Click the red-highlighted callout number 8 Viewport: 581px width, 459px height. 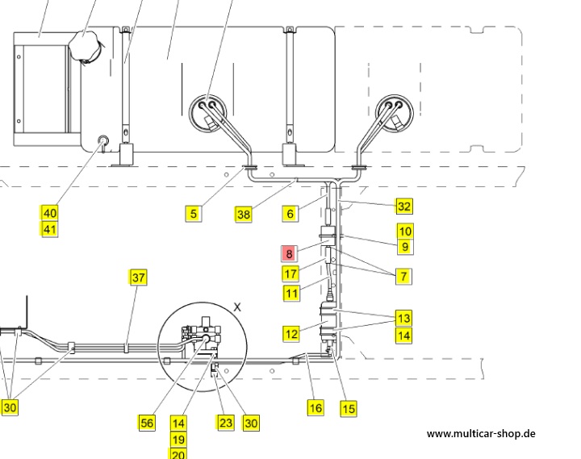click(x=289, y=254)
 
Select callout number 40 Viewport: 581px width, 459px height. click(x=50, y=213)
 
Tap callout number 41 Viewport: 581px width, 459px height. click(x=50, y=229)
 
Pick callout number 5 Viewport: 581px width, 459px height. click(x=194, y=214)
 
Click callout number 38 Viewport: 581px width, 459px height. click(x=244, y=215)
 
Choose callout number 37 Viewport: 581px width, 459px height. click(x=138, y=277)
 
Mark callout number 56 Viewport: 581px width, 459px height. click(x=147, y=423)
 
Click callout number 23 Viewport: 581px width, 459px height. click(x=225, y=423)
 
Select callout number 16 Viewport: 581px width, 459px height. click(x=316, y=408)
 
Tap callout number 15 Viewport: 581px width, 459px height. click(x=349, y=409)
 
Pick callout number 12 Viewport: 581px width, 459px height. click(x=290, y=334)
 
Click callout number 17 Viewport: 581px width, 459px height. click(x=290, y=273)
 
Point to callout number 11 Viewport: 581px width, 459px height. click(x=291, y=294)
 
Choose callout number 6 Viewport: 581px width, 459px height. click(x=290, y=214)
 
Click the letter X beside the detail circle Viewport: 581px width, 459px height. click(x=237, y=307)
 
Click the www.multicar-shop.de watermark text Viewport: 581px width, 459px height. click(x=481, y=434)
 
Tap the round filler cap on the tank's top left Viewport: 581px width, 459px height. click(x=87, y=47)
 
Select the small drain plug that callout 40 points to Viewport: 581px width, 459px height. click(x=103, y=140)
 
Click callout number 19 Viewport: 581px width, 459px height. click(x=178, y=440)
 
